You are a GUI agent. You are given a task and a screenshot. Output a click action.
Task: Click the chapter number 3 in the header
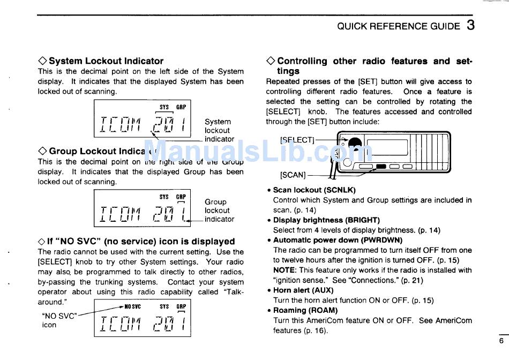click(470, 25)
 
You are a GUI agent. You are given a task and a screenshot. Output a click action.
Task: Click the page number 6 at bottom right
click(501, 341)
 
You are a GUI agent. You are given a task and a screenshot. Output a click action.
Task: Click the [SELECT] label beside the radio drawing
click(297, 140)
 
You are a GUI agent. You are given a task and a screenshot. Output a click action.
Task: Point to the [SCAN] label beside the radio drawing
click(292, 175)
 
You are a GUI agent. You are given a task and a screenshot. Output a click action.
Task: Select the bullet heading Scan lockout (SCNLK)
click(314, 190)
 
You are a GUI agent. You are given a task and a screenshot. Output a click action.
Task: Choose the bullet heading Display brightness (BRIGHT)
click(326, 220)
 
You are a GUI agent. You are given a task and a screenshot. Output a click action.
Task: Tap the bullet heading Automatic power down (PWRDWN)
click(338, 240)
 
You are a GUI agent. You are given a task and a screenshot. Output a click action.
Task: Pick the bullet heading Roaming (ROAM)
click(305, 310)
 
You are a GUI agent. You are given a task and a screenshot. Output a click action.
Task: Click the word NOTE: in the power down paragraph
click(285, 271)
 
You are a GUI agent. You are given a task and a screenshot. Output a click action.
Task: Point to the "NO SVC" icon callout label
click(59, 320)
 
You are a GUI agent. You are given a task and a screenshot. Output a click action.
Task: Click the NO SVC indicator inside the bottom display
click(132, 307)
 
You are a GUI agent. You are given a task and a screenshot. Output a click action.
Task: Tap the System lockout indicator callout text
click(219, 130)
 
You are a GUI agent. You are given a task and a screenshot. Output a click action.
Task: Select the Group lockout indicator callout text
click(219, 211)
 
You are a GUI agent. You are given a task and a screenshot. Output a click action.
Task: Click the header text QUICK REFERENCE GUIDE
click(398, 26)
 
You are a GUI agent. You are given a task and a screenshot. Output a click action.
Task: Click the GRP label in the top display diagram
click(181, 107)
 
